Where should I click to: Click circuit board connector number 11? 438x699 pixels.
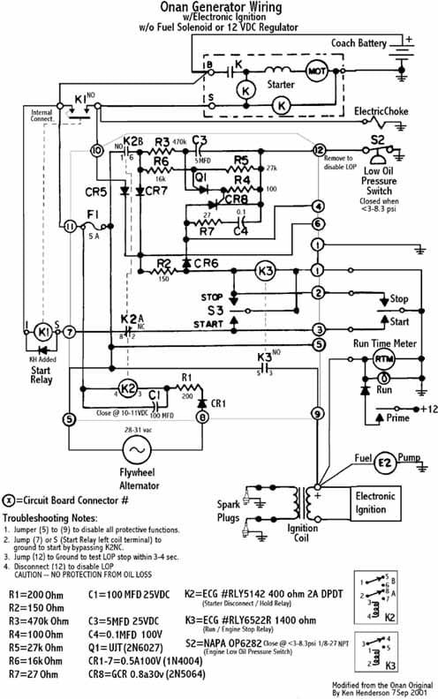click(x=69, y=227)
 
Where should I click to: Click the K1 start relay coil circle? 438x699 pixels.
click(x=43, y=331)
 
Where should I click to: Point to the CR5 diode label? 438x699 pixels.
click(x=97, y=190)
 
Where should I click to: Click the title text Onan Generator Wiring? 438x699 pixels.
click(x=232, y=7)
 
